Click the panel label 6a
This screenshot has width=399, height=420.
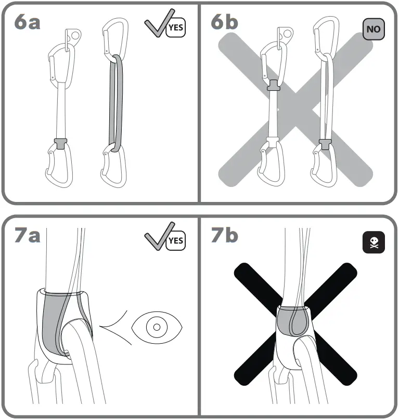[28, 23]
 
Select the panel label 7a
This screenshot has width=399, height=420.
[28, 236]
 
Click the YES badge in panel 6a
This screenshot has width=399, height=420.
[176, 28]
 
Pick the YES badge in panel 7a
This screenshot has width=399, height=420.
[176, 240]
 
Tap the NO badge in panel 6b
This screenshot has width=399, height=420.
[374, 29]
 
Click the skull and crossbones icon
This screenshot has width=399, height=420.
[374, 241]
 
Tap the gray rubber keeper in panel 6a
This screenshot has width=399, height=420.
[60, 143]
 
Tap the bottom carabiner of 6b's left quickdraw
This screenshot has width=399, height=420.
[271, 166]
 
